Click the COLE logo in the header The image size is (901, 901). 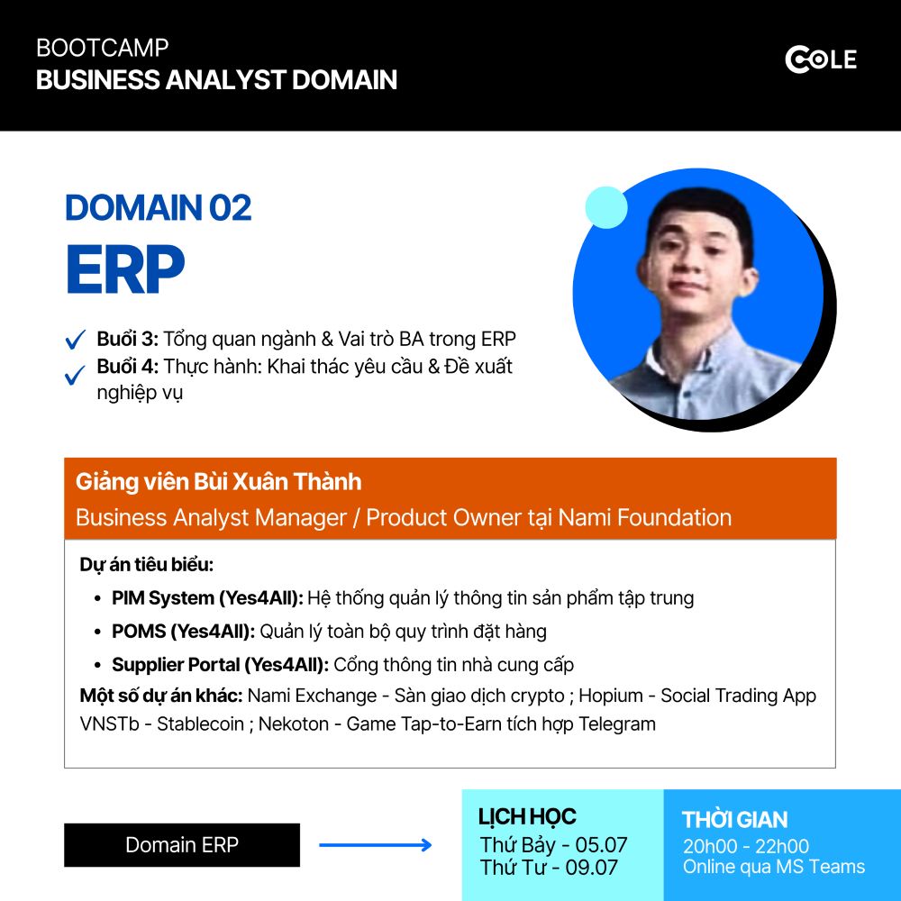(821, 59)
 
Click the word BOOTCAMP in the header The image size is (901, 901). (103, 48)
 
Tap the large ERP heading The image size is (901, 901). (124, 268)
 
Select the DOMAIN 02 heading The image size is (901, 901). (158, 207)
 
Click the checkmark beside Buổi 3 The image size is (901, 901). (76, 340)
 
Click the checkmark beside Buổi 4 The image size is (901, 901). (76, 376)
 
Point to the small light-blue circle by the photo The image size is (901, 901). (606, 207)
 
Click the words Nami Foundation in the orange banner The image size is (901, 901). (645, 518)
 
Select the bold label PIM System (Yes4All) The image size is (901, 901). (207, 598)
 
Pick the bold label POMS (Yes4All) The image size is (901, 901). (183, 632)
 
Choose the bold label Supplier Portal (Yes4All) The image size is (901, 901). (220, 665)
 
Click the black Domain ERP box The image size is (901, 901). (182, 845)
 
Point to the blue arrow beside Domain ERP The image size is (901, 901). (375, 845)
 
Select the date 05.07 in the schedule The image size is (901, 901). (601, 845)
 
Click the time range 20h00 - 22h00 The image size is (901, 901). (746, 846)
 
